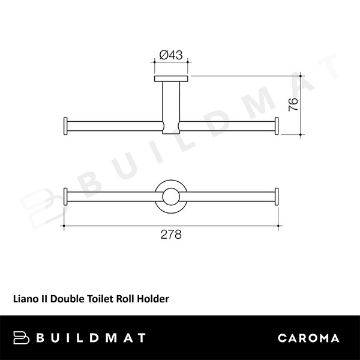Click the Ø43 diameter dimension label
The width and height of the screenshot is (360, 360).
pos(171,55)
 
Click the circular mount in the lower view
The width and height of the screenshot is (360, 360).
pos(171,197)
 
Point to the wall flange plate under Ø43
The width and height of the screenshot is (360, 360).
pos(171,79)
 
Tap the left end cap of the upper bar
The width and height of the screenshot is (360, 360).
pos(66,126)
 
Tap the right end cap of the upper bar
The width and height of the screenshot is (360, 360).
pos(277,126)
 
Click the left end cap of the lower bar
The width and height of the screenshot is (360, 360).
pos(66,197)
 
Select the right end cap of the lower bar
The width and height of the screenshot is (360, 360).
pos(277,197)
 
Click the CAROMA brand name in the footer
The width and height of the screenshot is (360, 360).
pos(308,338)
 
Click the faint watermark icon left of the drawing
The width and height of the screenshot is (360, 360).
pos(37,201)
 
